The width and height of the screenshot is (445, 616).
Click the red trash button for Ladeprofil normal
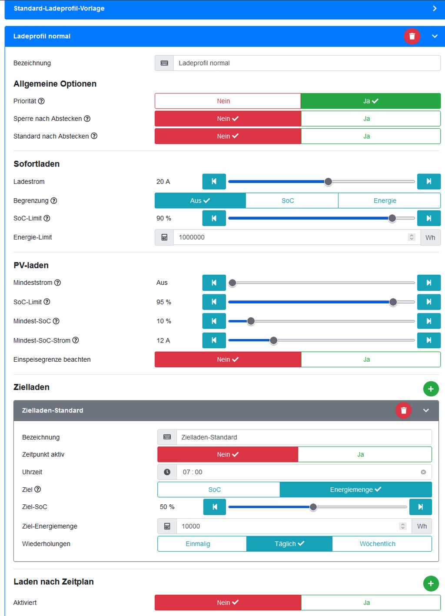click(x=412, y=36)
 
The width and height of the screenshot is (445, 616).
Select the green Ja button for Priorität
click(x=371, y=101)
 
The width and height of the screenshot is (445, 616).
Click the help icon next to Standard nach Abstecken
click(x=94, y=136)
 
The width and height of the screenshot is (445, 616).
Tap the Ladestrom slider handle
click(x=328, y=182)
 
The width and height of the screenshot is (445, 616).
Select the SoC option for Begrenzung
click(x=288, y=201)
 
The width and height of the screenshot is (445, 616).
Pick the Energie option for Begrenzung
click(x=385, y=201)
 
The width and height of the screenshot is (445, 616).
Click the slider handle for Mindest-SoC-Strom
click(x=273, y=340)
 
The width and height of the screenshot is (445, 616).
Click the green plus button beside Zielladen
click(x=431, y=389)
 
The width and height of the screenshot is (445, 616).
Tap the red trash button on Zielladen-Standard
click(x=403, y=410)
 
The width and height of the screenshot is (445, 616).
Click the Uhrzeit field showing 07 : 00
click(x=296, y=472)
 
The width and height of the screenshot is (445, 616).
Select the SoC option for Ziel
click(x=215, y=489)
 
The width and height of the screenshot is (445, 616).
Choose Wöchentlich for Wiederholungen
click(x=377, y=544)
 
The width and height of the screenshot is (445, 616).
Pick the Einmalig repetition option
click(x=198, y=544)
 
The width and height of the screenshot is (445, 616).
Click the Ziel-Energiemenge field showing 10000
click(x=287, y=526)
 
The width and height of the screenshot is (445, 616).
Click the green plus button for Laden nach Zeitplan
click(x=431, y=583)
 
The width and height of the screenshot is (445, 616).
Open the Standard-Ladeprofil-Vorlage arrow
click(x=435, y=8)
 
